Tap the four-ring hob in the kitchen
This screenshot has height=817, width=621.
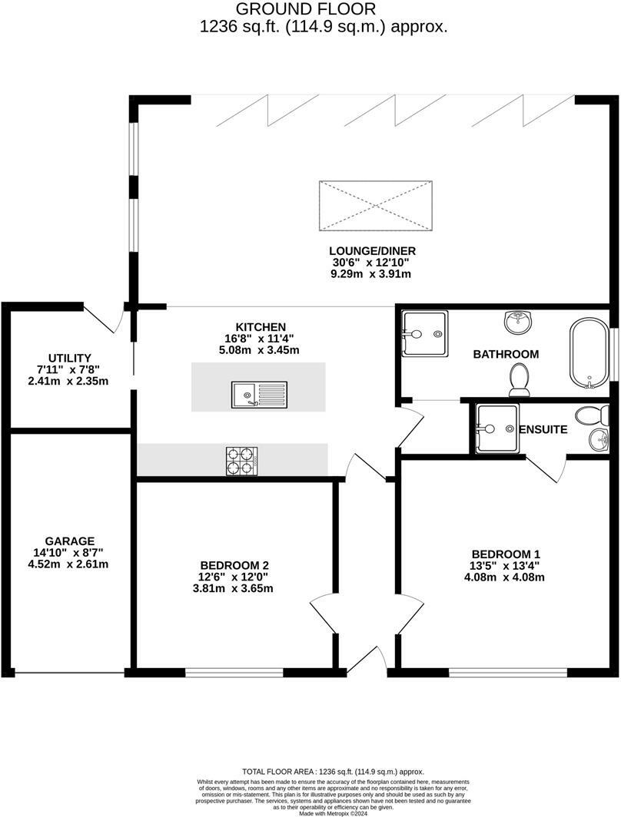pyautogui.click(x=241, y=461)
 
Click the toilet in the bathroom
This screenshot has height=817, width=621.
pyautogui.click(x=520, y=379)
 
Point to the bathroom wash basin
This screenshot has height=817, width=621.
pyautogui.click(x=517, y=320)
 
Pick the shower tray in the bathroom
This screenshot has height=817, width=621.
pyautogui.click(x=423, y=334)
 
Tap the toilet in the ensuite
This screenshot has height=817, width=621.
pyautogui.click(x=593, y=415)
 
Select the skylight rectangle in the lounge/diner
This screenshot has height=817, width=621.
pyautogui.click(x=375, y=205)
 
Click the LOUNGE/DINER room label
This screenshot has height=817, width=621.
pyautogui.click(x=364, y=250)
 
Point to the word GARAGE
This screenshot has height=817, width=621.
pyautogui.click(x=69, y=541)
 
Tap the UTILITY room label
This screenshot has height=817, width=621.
pyautogui.click(x=69, y=358)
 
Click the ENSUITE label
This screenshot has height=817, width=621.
pyautogui.click(x=543, y=429)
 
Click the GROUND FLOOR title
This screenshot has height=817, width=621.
pyautogui.click(x=305, y=9)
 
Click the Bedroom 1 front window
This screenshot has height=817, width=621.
pyautogui.click(x=508, y=673)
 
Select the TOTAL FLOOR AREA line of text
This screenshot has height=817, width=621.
pyautogui.click(x=333, y=772)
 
